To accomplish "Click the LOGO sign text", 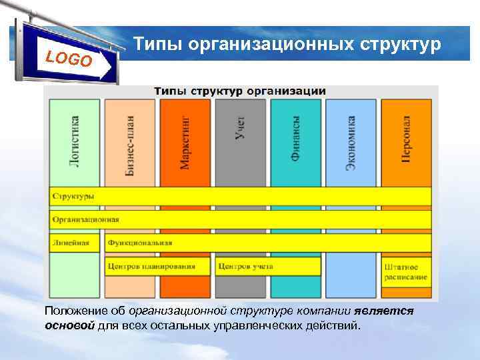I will pyautogui.click(x=69, y=59).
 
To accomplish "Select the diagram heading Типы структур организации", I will pyautogui.click(x=240, y=91).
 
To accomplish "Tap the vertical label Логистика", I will pyautogui.click(x=75, y=141).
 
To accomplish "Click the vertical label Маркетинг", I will pyautogui.click(x=185, y=141).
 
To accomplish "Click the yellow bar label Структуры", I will pyautogui.click(x=73, y=196).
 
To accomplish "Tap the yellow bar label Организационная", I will pyautogui.click(x=86, y=219).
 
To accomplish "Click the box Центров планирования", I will pyautogui.click(x=152, y=267).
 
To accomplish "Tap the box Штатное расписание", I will pyautogui.click(x=405, y=271).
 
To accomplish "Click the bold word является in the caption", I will pyautogui.click(x=384, y=311).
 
